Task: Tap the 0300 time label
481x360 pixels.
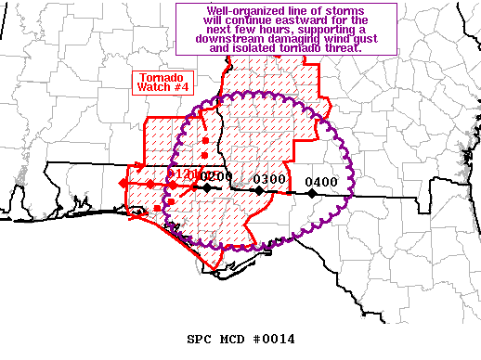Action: click(x=269, y=179)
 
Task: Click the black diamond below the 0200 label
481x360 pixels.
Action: click(x=208, y=187)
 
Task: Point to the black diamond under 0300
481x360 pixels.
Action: click(x=259, y=191)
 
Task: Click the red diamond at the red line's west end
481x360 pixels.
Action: click(x=123, y=186)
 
